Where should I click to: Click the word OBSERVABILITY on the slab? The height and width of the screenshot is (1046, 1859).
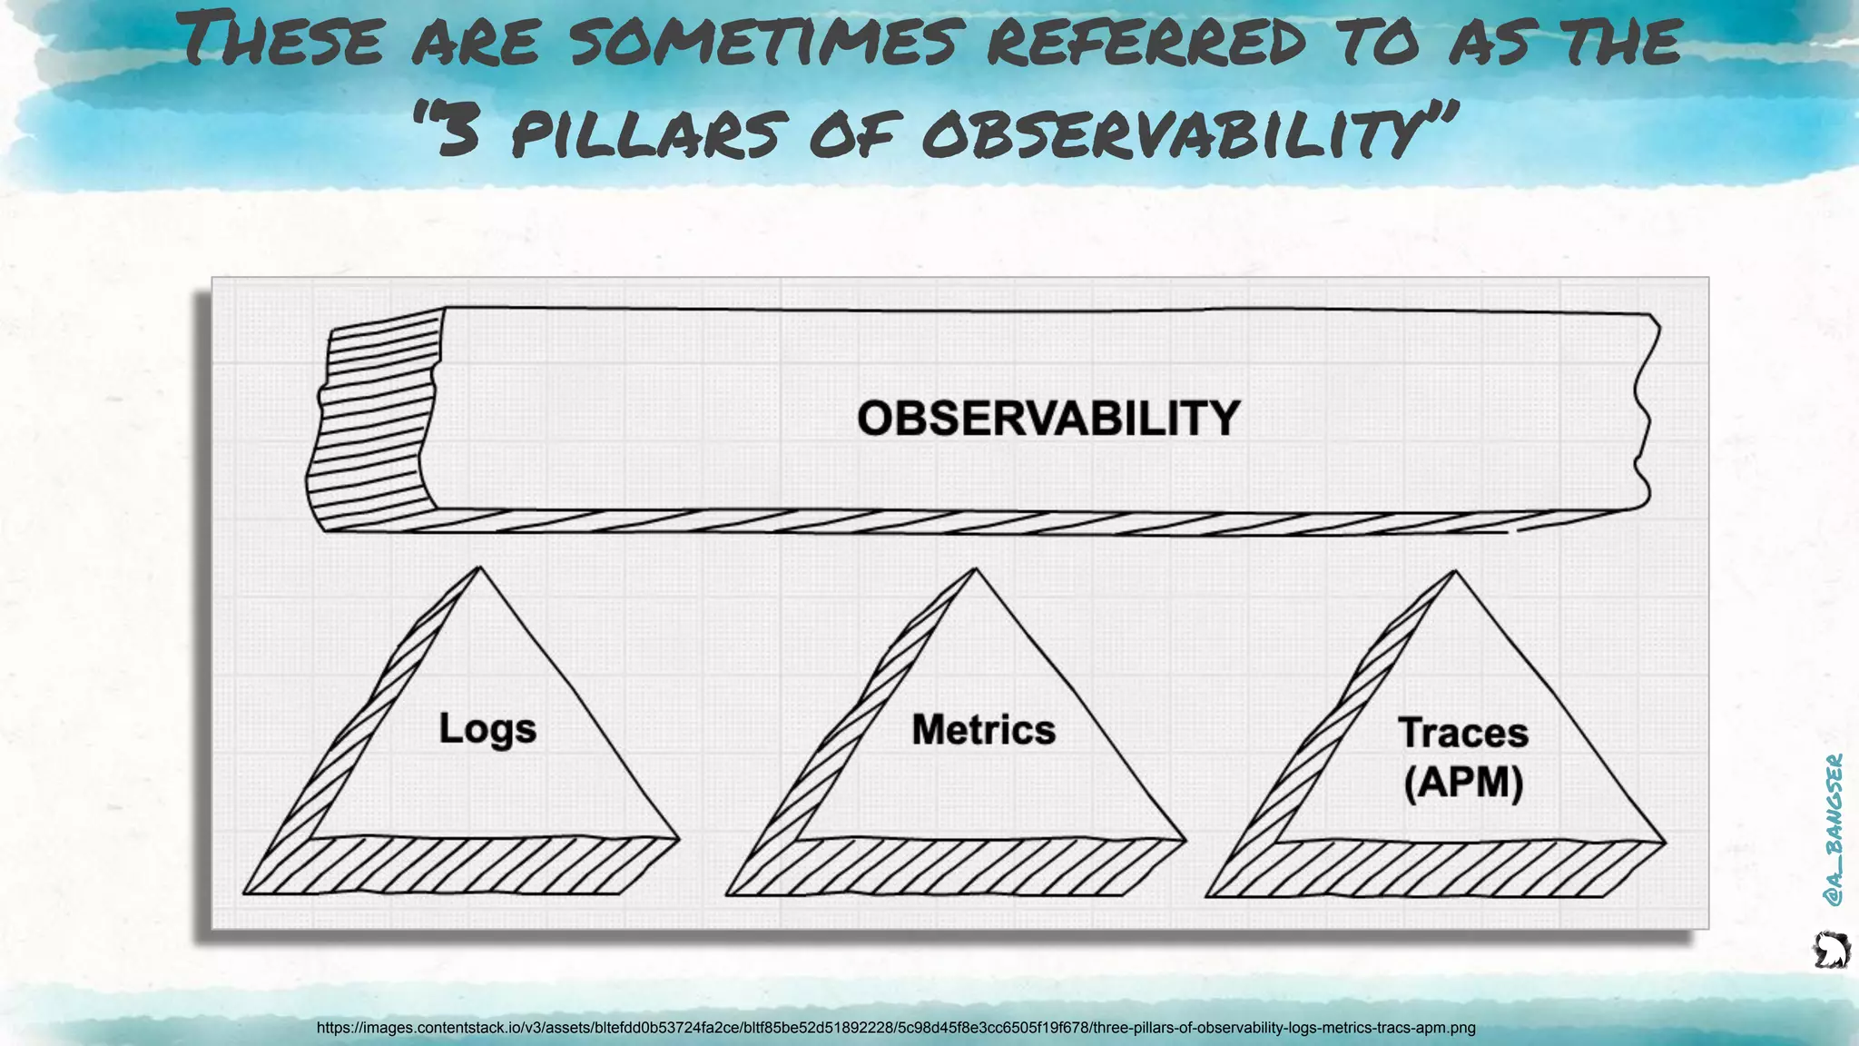(x=1048, y=419)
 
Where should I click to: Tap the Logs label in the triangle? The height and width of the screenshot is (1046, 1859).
(x=487, y=729)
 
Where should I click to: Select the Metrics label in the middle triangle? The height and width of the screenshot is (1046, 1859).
(x=983, y=730)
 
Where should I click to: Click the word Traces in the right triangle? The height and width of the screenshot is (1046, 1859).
(x=1462, y=733)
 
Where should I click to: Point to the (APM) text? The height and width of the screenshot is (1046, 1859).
(x=1462, y=782)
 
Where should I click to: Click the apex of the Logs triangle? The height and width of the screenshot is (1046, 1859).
(x=479, y=568)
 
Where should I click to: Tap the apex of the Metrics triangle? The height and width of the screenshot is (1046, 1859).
(x=975, y=570)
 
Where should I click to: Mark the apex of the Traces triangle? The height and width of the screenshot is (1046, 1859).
(x=1454, y=572)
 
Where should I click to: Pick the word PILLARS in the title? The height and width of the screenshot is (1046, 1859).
(x=644, y=133)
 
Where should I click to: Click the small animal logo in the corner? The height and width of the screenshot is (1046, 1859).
(x=1831, y=950)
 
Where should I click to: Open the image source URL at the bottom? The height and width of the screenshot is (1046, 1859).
(x=895, y=1028)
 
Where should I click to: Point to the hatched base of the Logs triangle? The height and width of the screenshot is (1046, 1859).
(x=463, y=866)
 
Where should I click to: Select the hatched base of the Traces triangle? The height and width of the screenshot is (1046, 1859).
(x=1434, y=870)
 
